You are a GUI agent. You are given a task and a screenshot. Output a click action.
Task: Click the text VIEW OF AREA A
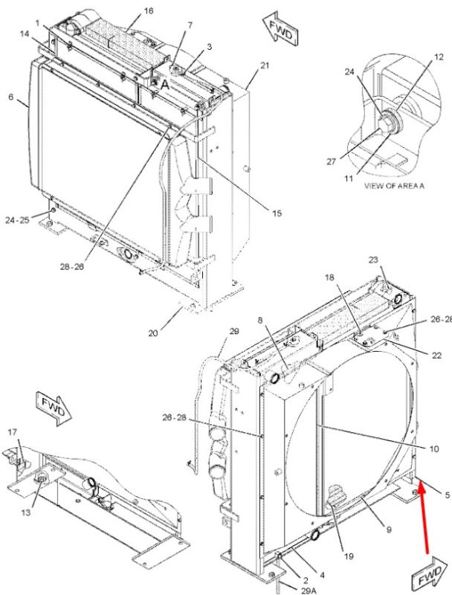pyautogui.click(x=394, y=186)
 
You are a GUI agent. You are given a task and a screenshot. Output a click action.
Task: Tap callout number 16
pyautogui.click(x=149, y=10)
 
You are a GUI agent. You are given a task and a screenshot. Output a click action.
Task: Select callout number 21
pyautogui.click(x=265, y=65)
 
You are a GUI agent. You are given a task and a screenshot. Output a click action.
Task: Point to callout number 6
pyautogui.click(x=10, y=97)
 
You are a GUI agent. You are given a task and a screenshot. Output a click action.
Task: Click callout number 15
pyautogui.click(x=277, y=213)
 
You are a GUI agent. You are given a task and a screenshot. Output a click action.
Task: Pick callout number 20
pyautogui.click(x=153, y=333)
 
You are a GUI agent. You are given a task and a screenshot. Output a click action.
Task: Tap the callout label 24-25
pyautogui.click(x=17, y=219)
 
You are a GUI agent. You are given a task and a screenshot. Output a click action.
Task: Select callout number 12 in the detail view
pyautogui.click(x=439, y=57)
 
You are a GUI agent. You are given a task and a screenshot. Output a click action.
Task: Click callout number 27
pyautogui.click(x=332, y=161)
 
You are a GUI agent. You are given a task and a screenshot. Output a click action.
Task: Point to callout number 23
pyautogui.click(x=373, y=260)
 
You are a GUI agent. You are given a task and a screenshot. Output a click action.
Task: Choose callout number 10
pyautogui.click(x=434, y=449)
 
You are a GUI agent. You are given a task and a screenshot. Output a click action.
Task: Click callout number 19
pyautogui.click(x=349, y=556)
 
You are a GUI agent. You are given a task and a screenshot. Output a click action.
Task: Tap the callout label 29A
pyautogui.click(x=309, y=591)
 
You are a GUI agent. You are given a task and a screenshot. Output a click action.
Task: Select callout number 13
pyautogui.click(x=25, y=512)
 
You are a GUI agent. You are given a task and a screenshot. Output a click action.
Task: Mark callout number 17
pyautogui.click(x=13, y=432)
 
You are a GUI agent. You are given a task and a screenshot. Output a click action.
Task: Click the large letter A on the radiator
pyautogui.click(x=165, y=85)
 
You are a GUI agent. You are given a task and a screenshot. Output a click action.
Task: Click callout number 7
pyautogui.click(x=190, y=25)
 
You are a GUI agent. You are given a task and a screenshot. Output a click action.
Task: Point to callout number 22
pyautogui.click(x=437, y=356)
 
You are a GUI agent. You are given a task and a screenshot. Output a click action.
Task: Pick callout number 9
pyautogui.click(x=389, y=530)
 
